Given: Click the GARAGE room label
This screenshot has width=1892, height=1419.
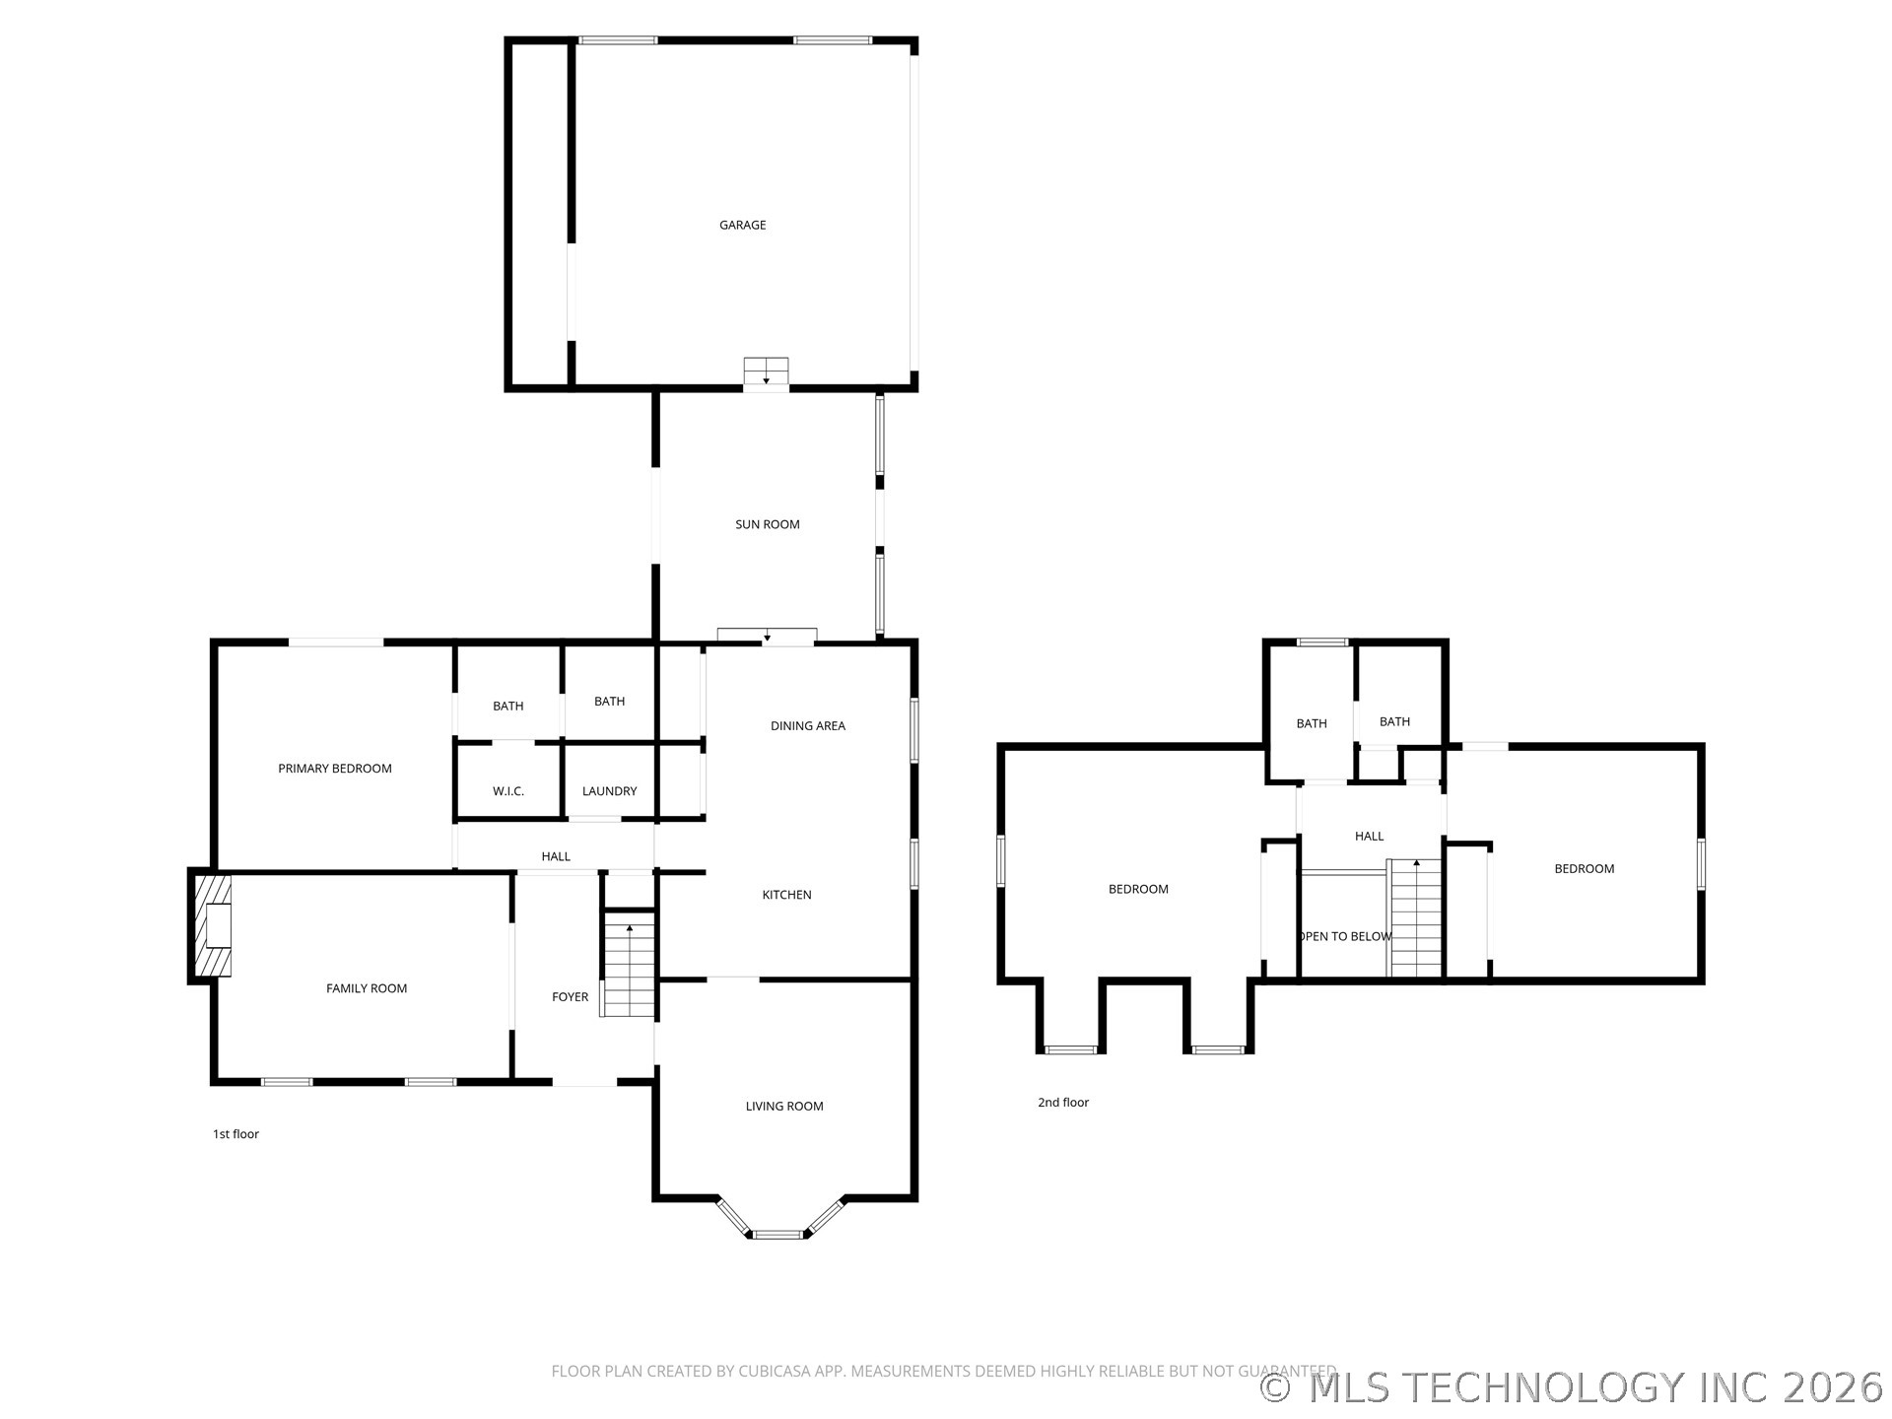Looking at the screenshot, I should coord(742,225).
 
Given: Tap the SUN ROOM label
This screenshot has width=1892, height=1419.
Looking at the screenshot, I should coord(767,524).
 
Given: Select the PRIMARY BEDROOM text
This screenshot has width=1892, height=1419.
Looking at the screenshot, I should coord(334,769).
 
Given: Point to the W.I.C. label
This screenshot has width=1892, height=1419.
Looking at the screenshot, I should coord(507,791).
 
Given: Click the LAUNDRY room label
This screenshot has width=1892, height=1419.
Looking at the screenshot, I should coord(609,791).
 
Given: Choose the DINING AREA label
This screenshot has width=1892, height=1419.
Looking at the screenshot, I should coord(807,726).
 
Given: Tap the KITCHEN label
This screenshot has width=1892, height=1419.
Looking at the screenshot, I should coord(786,895).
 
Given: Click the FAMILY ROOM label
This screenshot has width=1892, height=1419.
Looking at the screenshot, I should coord(366,988).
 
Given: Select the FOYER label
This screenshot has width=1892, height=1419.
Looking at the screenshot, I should coord(570,997).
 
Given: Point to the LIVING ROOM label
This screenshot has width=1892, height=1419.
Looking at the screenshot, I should coord(783,1107).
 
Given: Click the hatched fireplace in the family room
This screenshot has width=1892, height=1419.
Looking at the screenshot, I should coord(212,925).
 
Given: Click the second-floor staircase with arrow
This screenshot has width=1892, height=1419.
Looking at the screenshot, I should coord(1415,917).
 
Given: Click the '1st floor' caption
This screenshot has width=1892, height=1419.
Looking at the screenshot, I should coord(236,1134).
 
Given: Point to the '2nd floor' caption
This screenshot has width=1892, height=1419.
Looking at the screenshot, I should coord(1062,1103).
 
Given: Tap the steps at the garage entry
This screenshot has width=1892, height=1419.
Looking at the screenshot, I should coord(766,372).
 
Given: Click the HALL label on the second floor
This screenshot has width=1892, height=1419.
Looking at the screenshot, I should coord(1369,837).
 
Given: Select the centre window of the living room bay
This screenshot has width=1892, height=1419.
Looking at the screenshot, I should coord(777,1233).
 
